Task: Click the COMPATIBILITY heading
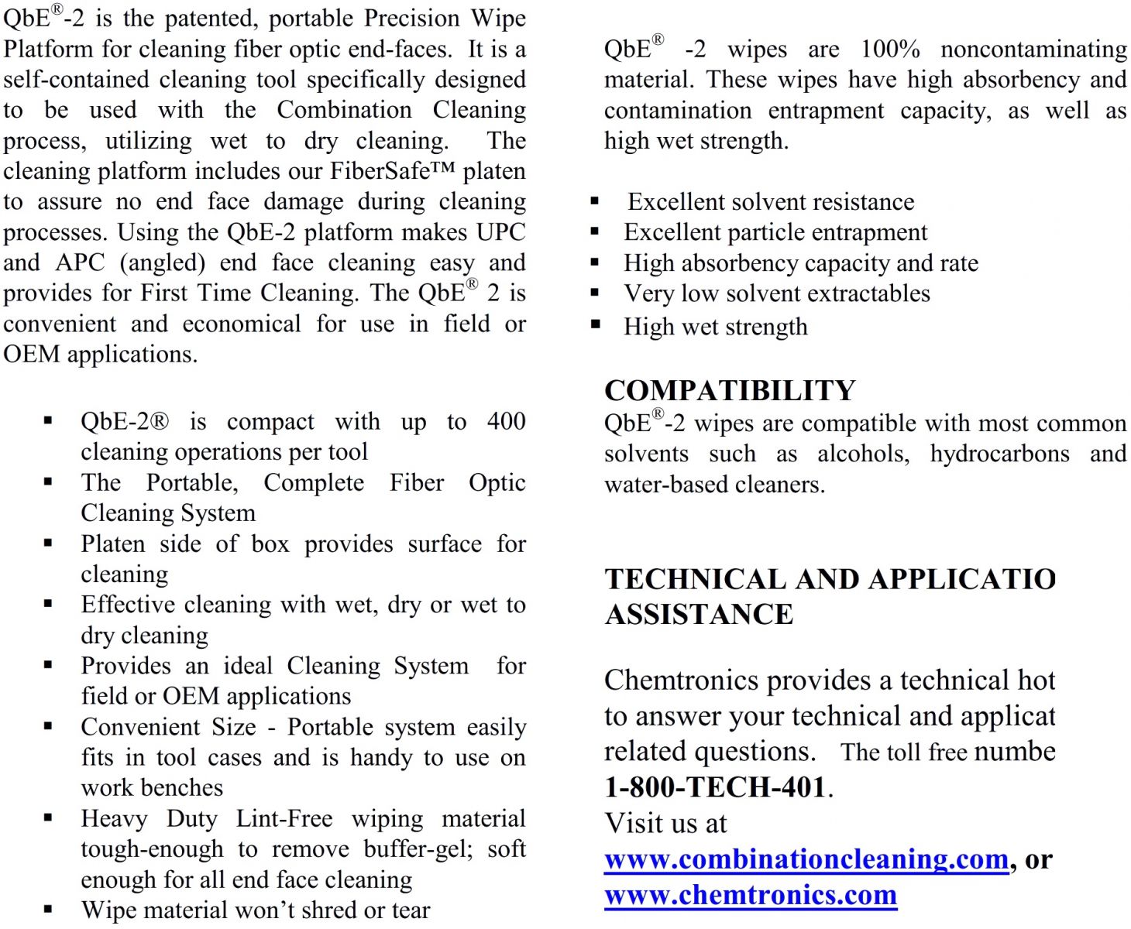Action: point(730,390)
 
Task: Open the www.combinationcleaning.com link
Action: point(806,859)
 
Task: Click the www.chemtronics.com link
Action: point(750,895)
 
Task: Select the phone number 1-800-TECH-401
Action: point(717,787)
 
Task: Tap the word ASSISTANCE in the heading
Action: point(699,615)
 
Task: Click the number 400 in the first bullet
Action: point(506,422)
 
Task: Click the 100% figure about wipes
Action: point(890,50)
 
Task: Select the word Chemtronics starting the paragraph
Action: point(681,680)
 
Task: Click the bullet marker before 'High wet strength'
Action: point(595,325)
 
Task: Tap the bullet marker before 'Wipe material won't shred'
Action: point(48,909)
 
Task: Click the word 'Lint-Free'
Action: point(284,819)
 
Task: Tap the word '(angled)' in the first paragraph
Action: point(162,263)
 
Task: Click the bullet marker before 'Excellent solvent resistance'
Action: point(595,201)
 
